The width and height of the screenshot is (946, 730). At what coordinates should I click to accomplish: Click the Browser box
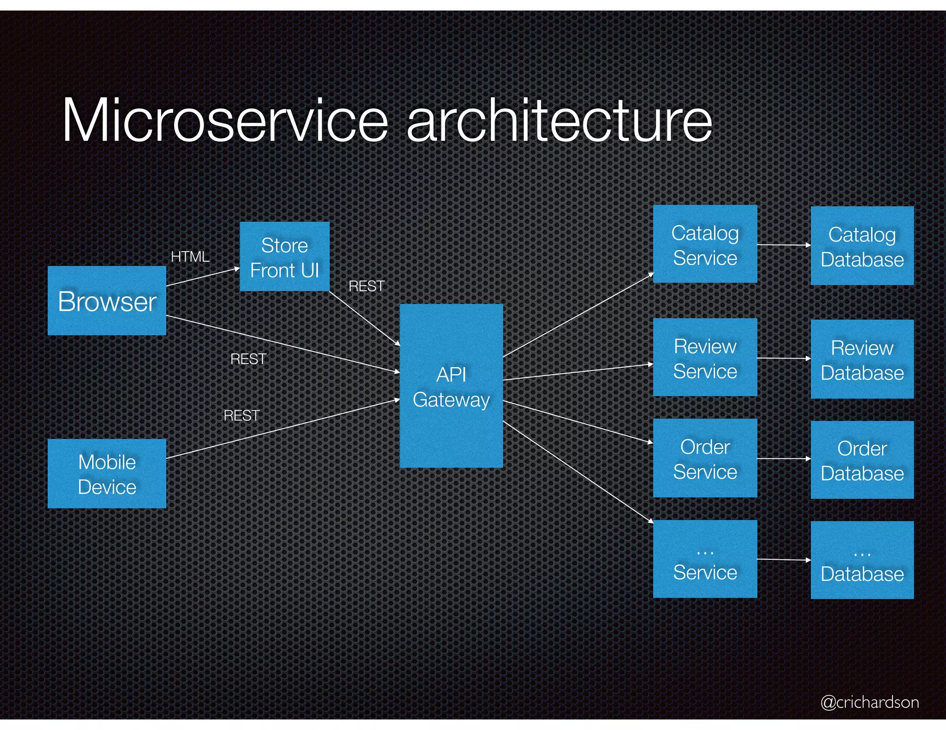coord(107,301)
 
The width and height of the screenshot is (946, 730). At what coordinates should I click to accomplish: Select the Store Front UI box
coord(285,257)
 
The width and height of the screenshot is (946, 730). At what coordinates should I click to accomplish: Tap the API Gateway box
coord(451,386)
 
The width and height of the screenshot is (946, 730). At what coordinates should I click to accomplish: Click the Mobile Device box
coord(107,473)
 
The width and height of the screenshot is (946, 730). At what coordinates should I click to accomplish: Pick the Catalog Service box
coord(705,244)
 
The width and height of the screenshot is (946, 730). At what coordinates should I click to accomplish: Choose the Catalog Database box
coord(862,246)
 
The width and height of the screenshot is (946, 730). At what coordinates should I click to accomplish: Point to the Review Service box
coord(705,357)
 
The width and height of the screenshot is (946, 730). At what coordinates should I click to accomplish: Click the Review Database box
coord(862,359)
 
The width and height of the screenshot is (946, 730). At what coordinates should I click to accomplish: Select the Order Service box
coord(705,458)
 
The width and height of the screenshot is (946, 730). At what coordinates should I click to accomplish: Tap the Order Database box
coord(862,460)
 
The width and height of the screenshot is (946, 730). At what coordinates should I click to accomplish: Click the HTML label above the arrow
coord(190,257)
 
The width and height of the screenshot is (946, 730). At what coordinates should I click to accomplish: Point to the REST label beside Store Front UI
coord(366,286)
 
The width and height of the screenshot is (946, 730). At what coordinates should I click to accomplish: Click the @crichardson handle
coord(869,702)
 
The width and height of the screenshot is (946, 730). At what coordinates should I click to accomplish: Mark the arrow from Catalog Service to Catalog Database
coord(784,245)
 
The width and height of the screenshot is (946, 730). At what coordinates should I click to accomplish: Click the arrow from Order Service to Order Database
coord(784,459)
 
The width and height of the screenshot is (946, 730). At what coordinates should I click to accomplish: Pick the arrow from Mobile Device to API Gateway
coord(283,429)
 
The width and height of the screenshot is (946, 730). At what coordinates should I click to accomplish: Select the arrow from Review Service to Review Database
coord(784,358)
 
